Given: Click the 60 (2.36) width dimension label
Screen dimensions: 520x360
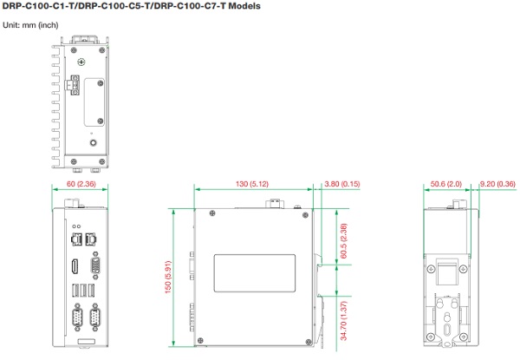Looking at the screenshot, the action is [81, 184].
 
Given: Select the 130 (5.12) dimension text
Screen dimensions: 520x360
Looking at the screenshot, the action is [252, 184].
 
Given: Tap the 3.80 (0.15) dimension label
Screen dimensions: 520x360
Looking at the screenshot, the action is [342, 184].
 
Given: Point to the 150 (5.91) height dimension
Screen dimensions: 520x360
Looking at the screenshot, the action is [168, 277].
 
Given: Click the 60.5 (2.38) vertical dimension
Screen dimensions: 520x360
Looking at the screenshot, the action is [344, 241].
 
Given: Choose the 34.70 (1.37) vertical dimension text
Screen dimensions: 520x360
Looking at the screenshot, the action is [344, 321].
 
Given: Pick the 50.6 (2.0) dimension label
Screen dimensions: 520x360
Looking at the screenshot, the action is [446, 184].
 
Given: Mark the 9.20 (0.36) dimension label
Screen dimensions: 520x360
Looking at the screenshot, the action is [497, 184].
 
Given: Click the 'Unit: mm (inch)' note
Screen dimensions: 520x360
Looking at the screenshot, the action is [30, 25].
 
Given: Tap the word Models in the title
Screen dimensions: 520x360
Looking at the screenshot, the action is [244, 6].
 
